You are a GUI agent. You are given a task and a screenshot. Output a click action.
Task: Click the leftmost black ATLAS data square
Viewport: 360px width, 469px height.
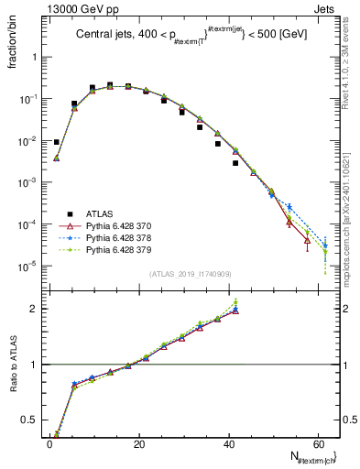tap(57, 142)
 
